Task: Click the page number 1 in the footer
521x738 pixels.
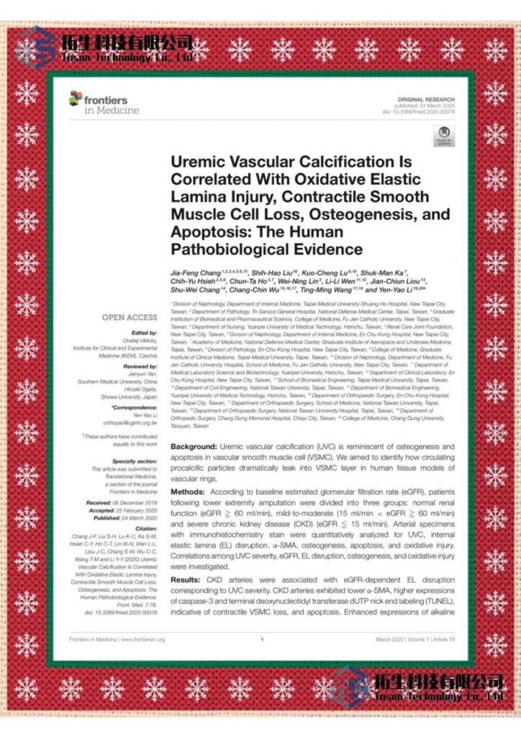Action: tap(262, 639)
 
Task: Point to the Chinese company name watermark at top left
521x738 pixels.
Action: tap(127, 42)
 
